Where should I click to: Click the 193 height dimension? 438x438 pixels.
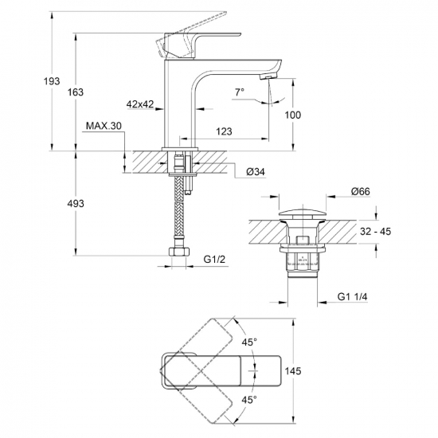pos(52,81)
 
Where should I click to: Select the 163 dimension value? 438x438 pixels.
pos(76,92)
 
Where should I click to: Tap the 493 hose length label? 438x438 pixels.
pos(76,204)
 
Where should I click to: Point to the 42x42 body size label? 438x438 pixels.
pos(140,104)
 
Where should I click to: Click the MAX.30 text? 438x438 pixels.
pos(104,126)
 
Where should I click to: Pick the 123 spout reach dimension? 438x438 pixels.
pos(224,131)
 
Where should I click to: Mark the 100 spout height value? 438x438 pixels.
pos(293,115)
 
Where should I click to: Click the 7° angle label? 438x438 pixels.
pos(240,92)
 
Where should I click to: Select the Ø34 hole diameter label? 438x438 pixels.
pos(256,172)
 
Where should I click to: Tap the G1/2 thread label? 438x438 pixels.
pos(214,260)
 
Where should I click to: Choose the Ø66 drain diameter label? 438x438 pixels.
pos(361,191)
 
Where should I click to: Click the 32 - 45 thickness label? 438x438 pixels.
pos(375,232)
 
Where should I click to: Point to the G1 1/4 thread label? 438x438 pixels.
pos(352,297)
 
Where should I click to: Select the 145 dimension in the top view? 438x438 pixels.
pos(293,371)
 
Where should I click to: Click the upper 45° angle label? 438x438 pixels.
pos(249,342)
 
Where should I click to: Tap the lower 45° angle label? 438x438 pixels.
pos(249,400)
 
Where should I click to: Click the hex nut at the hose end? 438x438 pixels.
pos(178,252)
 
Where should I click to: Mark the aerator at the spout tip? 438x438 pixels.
pos(268,76)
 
